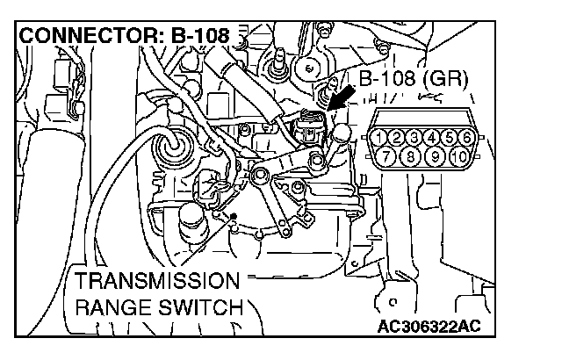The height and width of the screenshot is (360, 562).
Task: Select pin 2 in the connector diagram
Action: coord(398,138)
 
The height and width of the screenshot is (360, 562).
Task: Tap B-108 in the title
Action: coord(198,37)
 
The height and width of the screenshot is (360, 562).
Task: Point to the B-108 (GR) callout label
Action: coord(414,80)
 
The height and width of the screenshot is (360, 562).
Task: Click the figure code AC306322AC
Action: coord(432,328)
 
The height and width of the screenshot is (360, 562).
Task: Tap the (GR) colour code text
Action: coord(448,80)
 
